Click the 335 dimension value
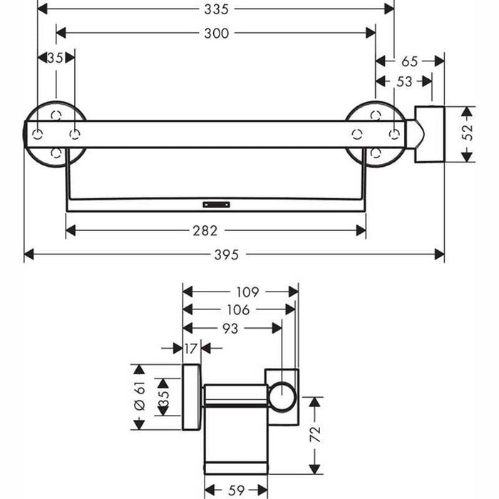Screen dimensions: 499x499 217,9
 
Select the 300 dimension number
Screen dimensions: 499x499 217,34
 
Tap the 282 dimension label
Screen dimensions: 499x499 205,231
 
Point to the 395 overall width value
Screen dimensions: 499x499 226,254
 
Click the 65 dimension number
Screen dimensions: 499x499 410,61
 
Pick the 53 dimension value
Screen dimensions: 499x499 404,82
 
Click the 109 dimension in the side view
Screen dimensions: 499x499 247,292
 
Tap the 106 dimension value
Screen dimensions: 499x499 238,309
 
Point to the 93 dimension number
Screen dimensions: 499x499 230,329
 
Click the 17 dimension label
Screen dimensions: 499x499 190,349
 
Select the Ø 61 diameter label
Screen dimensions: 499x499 140,396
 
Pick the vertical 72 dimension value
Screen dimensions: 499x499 315,434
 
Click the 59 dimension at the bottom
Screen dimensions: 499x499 236,490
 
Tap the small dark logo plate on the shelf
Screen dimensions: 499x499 217,205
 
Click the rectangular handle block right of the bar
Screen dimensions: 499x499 429,134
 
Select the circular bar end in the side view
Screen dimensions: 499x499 282,398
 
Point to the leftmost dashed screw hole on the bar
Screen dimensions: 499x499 38,135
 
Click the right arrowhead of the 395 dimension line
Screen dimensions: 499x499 440,254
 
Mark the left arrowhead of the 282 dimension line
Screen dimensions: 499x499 71,230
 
